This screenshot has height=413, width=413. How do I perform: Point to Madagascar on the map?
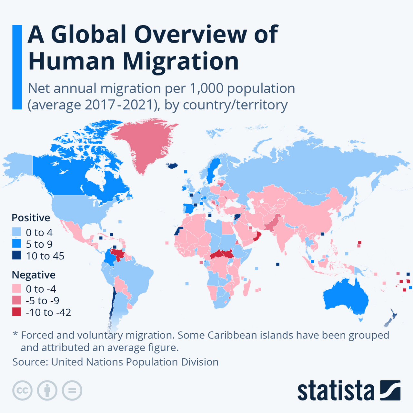pos(246,288)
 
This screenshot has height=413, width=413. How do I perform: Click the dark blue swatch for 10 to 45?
pos(16,256)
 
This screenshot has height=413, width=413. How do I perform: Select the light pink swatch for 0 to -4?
pos(16,288)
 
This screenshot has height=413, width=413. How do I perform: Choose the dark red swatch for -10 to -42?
pos(16,312)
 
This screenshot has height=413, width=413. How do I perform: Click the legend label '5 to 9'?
pos(39,244)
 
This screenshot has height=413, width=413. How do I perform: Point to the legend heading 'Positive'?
pos(31,218)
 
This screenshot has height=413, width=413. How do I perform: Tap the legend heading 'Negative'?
pos(34,275)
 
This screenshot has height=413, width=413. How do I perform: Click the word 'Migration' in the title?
pos(181,61)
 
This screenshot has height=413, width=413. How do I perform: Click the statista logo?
pos(349,391)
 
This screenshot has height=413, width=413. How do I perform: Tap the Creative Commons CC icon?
pos(22,390)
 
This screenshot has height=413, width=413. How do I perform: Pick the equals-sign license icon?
pos(72,390)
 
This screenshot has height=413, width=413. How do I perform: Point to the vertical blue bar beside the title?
pos(17,67)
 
